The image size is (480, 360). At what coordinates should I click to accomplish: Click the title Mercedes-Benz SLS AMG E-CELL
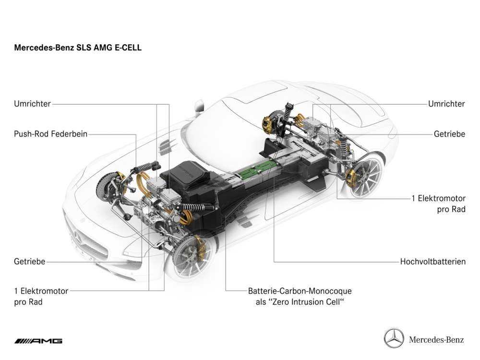click(x=78, y=48)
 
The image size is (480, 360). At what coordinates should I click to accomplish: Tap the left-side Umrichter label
click(x=32, y=104)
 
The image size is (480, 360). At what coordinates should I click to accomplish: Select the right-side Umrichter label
click(x=446, y=104)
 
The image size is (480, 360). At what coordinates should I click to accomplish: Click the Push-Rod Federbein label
click(x=50, y=134)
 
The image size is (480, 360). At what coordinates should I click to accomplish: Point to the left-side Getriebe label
click(x=29, y=262)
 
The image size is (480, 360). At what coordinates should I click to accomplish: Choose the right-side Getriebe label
click(x=449, y=134)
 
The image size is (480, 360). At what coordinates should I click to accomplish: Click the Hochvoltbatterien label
click(x=432, y=262)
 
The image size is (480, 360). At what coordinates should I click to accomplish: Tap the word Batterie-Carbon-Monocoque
click(x=300, y=291)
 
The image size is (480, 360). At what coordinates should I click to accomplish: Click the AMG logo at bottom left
click(x=38, y=341)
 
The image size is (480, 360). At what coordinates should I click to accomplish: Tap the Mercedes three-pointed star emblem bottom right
click(x=394, y=338)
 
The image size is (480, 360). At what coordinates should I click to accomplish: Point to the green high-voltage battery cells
click(x=259, y=168)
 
